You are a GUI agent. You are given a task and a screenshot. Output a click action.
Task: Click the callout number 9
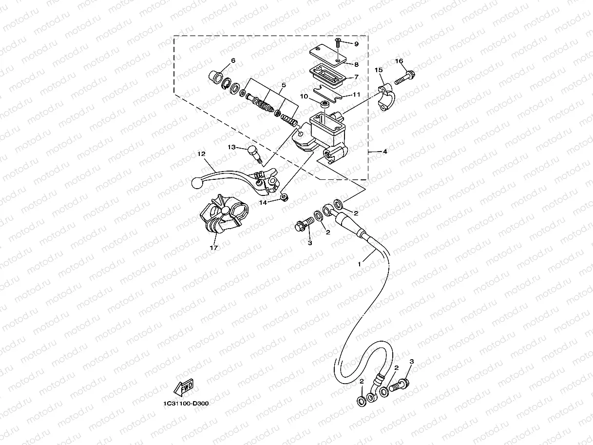pos(356,44)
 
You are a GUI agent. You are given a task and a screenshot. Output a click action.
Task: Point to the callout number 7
pos(356,77)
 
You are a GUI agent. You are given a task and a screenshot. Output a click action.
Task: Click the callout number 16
pos(399,61)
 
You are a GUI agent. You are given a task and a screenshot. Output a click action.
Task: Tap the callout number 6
pos(233,60)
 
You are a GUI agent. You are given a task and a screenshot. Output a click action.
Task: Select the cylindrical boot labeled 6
pos(216,77)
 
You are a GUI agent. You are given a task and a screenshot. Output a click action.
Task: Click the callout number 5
pos(284,85)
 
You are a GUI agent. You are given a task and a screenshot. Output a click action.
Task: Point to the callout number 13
pos(231,147)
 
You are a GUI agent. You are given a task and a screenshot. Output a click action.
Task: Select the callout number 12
pos(201,154)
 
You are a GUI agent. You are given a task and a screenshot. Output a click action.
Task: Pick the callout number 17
pos(213,247)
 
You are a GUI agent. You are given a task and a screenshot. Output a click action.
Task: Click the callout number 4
pos(384,152)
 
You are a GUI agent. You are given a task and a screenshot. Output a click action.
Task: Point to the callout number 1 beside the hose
pos(360,264)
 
